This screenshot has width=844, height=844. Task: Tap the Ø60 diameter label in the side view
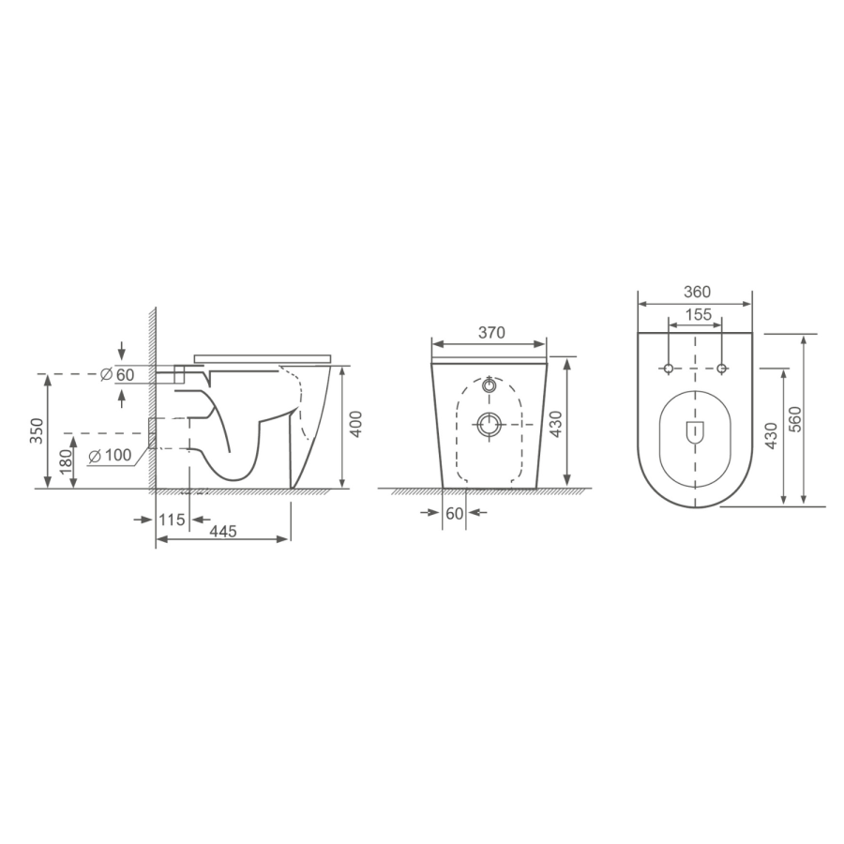(x=118, y=375)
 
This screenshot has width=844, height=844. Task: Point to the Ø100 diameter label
(x=111, y=457)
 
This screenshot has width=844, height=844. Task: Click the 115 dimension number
(x=171, y=518)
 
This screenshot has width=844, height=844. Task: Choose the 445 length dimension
(x=222, y=531)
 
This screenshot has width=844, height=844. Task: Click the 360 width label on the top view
(x=695, y=292)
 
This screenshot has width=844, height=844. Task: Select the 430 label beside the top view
(x=772, y=435)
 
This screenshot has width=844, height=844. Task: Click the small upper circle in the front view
(x=490, y=385)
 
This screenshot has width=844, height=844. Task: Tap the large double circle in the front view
(x=490, y=426)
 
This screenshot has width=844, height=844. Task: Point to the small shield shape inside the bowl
(x=695, y=432)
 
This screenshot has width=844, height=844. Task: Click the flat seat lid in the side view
(x=263, y=357)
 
